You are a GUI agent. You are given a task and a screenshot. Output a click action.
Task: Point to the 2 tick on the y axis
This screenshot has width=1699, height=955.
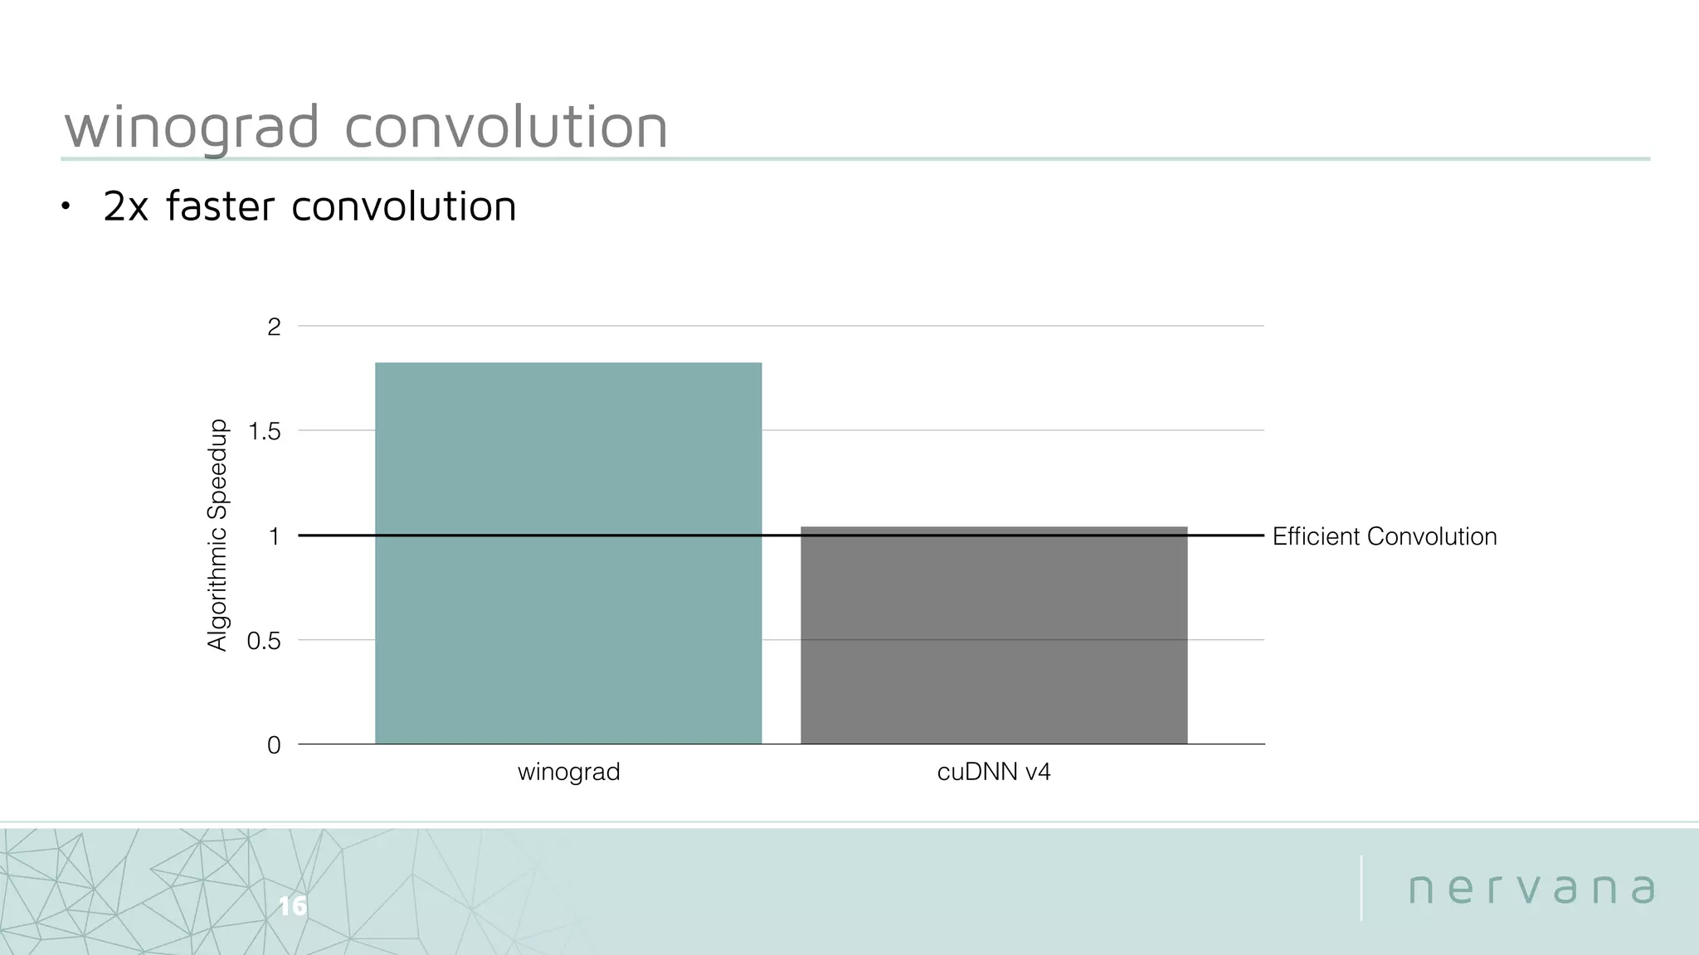(274, 327)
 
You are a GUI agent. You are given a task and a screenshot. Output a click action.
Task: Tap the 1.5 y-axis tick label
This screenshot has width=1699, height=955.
(265, 432)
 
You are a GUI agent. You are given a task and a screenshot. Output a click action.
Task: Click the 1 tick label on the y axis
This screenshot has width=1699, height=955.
(274, 537)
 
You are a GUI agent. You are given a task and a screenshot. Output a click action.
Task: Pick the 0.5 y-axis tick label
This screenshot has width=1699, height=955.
(264, 642)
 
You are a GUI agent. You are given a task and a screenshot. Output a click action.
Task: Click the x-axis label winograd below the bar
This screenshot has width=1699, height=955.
(568, 773)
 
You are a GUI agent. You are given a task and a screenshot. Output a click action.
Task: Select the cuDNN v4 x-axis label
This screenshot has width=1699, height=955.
(994, 773)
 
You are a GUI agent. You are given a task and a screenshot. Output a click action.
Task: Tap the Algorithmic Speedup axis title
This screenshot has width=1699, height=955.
(217, 535)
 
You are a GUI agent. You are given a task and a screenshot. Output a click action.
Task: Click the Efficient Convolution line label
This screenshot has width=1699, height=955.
(1384, 537)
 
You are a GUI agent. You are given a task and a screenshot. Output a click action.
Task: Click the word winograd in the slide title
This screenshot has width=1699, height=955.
(192, 128)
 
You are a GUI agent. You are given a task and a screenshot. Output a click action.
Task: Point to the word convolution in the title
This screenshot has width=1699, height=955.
(505, 128)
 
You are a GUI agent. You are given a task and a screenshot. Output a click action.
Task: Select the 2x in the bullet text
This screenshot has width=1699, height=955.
(125, 206)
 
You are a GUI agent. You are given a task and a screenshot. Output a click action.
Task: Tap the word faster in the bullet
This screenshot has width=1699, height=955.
(220, 206)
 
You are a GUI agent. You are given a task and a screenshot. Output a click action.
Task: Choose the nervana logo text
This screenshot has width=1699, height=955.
(1531, 889)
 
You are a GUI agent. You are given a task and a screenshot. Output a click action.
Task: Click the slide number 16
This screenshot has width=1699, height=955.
(292, 906)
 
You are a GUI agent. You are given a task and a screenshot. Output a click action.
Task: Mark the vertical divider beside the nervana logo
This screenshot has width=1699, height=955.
(1361, 888)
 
